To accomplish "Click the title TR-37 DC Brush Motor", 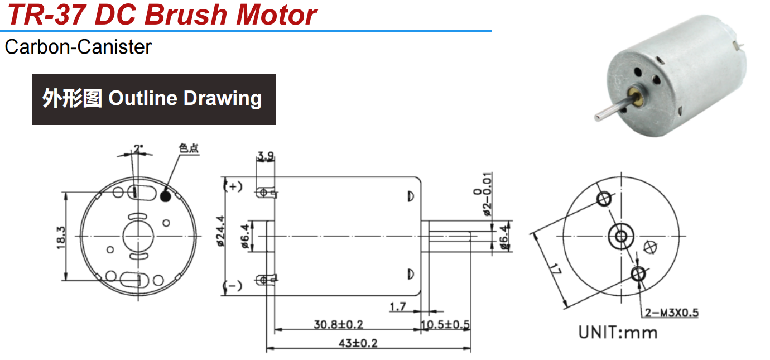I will point(162,15).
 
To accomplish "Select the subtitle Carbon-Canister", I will point(78,47).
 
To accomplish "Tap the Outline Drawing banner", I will point(153,99).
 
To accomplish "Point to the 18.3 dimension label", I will point(61,237).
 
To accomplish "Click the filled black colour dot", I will point(165,196).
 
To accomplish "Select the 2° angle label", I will point(138,149).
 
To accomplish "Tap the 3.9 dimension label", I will point(266,156).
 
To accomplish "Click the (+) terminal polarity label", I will point(233,186).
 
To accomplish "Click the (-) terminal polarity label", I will point(233,287).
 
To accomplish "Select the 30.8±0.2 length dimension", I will point(339,324).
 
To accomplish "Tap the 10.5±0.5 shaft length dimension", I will point(445,324).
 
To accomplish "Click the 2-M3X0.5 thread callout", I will point(671,313).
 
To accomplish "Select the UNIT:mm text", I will point(618,333).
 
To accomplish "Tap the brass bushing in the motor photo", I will point(633,93).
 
